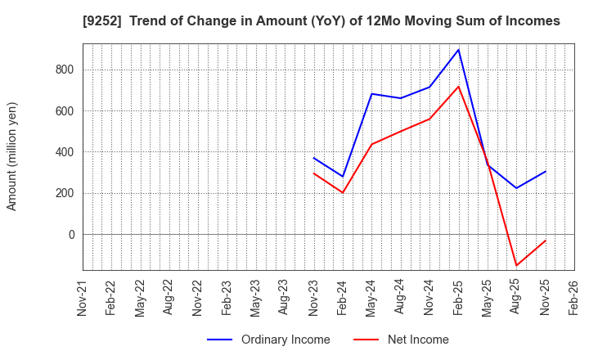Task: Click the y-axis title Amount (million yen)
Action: point(12,156)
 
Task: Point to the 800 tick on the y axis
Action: point(65,70)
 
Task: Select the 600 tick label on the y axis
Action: point(65,111)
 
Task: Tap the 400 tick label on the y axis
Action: point(65,152)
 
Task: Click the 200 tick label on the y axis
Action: point(65,193)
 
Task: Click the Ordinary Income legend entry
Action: point(268,340)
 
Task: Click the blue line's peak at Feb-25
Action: point(458,50)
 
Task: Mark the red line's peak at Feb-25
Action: point(458,87)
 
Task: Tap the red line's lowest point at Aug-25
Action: point(516,265)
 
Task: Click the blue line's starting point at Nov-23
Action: point(313,158)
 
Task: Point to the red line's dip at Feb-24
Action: point(342,193)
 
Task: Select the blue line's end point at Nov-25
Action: point(545,172)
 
